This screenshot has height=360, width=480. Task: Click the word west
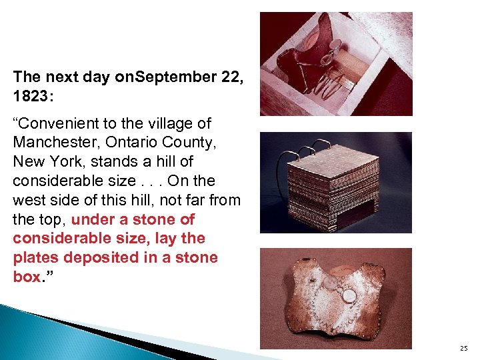(x=27, y=200)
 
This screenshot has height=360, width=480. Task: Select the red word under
(x=91, y=219)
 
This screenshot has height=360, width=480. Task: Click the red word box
(x=26, y=277)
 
